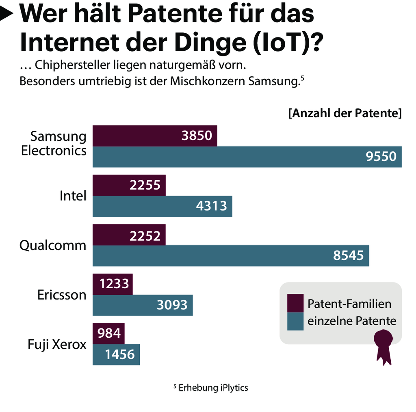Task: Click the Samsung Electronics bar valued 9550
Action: click(x=247, y=157)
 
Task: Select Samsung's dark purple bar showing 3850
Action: click(x=155, y=136)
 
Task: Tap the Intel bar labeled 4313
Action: click(x=162, y=206)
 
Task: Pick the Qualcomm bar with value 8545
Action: click(x=231, y=256)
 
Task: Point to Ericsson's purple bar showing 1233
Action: click(x=113, y=284)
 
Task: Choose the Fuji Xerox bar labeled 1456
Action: click(x=116, y=354)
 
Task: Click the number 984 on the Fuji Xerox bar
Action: click(x=110, y=333)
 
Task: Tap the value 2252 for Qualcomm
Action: click(x=145, y=235)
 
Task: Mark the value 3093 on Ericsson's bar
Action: click(x=172, y=305)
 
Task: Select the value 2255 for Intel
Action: click(x=145, y=186)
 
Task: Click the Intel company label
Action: click(x=73, y=196)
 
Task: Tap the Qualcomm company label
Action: click(x=53, y=246)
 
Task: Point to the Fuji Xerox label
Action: click(x=57, y=345)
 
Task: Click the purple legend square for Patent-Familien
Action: click(x=295, y=303)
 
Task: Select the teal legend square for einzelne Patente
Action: click(x=295, y=321)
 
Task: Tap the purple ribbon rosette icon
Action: click(x=383, y=345)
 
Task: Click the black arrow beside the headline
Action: click(x=7, y=15)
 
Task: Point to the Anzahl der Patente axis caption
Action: click(x=345, y=113)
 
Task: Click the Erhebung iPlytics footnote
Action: click(x=210, y=388)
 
